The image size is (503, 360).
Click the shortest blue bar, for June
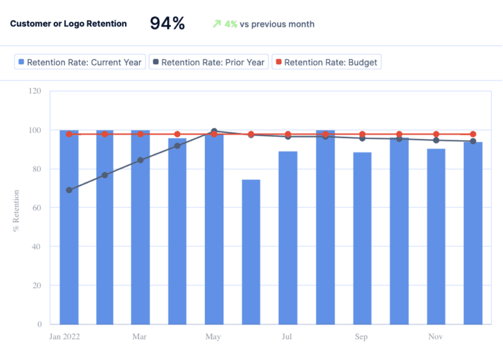point(251,252)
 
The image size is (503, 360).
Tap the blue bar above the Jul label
point(288,238)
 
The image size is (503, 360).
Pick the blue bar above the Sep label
point(362,238)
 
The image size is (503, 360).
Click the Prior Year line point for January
point(69,190)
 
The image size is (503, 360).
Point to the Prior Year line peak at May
point(214,131)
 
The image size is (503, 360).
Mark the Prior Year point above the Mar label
point(140,160)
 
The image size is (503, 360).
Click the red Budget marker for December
point(473,134)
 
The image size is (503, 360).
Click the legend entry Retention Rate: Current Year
point(80,62)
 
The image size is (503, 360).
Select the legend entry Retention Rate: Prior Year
point(209,62)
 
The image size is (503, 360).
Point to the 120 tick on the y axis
point(35,91)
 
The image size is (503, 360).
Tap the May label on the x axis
point(213,337)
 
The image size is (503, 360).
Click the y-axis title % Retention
point(16,211)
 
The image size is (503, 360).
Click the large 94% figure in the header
point(168,24)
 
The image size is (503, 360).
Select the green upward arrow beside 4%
point(217,24)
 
